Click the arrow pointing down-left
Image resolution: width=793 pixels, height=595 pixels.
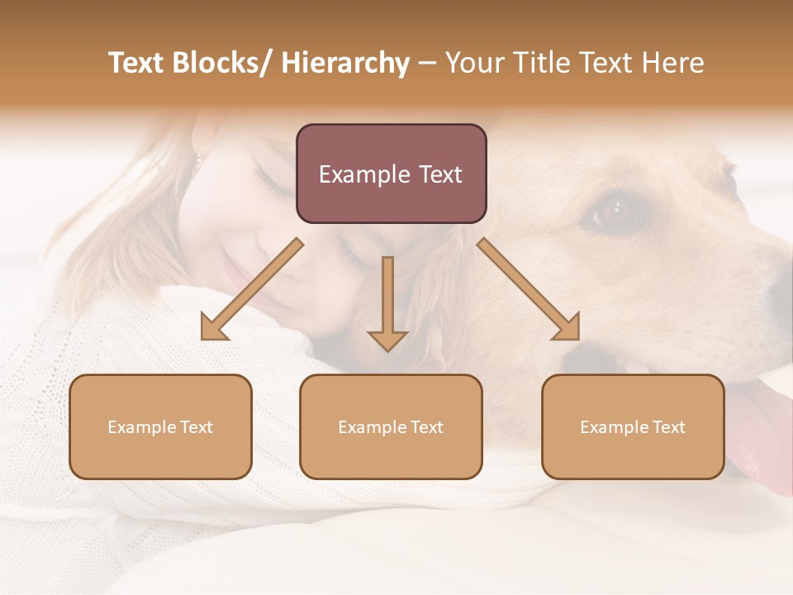pos(251,290)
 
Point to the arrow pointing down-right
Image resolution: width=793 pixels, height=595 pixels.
pos(528,289)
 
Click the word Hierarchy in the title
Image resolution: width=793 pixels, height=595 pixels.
pos(345,64)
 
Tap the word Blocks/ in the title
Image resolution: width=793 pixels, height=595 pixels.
pos(222,64)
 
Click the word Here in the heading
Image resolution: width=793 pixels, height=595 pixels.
pos(671,64)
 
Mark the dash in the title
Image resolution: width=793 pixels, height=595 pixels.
pos(427,64)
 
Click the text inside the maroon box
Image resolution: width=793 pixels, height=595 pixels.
pos(391,175)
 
